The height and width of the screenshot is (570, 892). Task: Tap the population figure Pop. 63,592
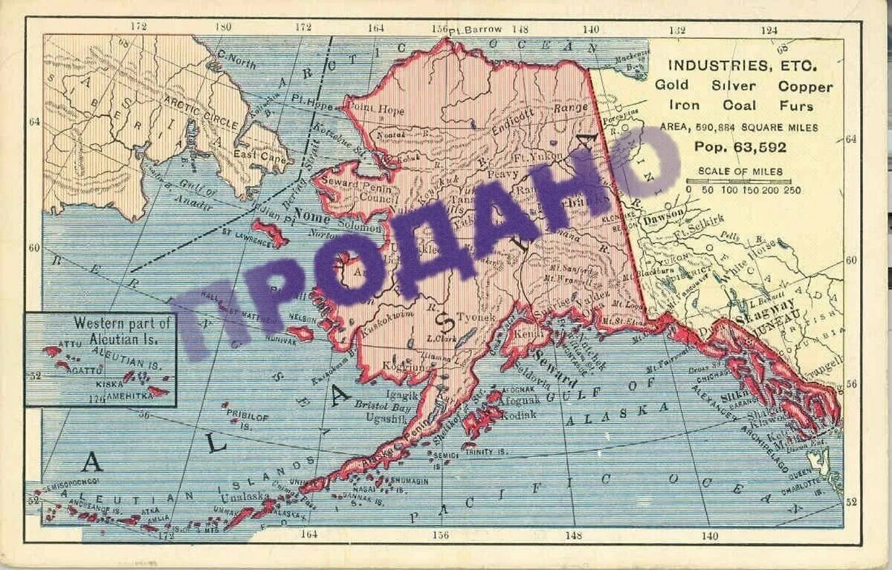pyautogui.click(x=740, y=147)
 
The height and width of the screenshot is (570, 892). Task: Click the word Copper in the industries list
pyautogui.click(x=806, y=86)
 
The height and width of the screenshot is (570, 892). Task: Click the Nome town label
pyautogui.click(x=313, y=216)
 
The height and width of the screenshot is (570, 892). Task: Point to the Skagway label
pyautogui.click(x=766, y=305)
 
